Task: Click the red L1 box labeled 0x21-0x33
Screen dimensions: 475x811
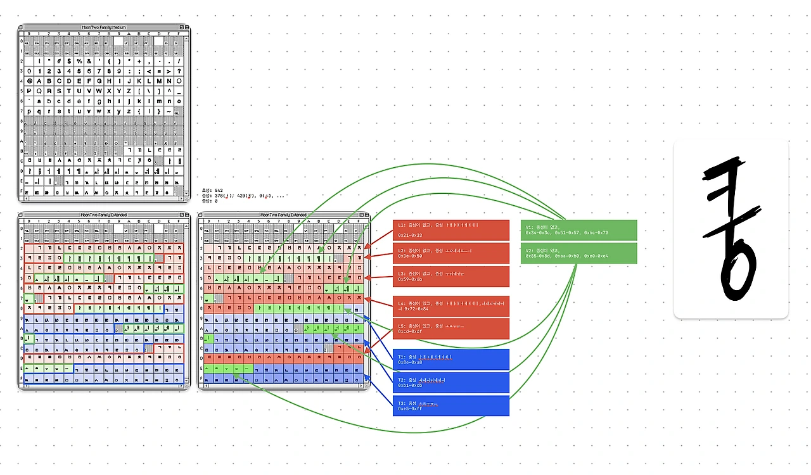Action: pos(450,230)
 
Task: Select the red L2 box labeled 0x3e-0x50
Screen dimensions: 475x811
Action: pos(450,253)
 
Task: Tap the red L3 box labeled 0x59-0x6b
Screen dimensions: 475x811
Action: pos(450,276)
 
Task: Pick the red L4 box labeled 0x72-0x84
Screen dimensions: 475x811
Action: pos(450,306)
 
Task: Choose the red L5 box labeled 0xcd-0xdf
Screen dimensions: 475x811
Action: pos(450,328)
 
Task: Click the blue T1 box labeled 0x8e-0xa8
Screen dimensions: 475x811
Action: pos(450,360)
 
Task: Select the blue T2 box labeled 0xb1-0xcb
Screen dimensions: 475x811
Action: pos(450,383)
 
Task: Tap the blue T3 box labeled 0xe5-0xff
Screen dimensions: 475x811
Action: pos(450,405)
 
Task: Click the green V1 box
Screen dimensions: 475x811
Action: pos(578,230)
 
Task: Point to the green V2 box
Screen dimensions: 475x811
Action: pos(578,253)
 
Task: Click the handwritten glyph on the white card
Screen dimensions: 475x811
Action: pos(731,229)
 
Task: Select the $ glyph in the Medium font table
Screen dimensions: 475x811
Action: pos(69,61)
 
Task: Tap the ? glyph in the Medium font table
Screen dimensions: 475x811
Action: pos(179,72)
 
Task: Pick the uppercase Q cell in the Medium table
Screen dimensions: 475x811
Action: pos(39,91)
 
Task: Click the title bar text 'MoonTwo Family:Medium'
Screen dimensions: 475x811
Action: pos(104,28)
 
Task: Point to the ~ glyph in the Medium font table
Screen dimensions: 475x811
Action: pos(169,111)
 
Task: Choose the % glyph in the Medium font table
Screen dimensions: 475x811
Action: pos(79,61)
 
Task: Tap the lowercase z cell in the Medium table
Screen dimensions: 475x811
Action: pos(129,111)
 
